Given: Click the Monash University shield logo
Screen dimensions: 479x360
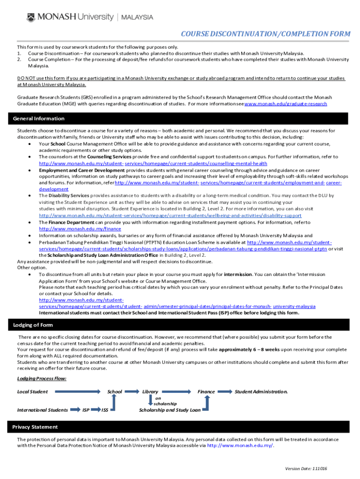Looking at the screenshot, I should [x=30, y=17].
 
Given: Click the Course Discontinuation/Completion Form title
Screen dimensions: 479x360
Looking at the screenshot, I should [x=265, y=34].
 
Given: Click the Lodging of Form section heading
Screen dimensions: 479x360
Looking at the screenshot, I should [x=33, y=325].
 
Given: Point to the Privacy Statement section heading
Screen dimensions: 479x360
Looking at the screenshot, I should [x=35, y=427].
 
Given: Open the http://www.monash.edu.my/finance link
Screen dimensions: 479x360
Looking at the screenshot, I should [x=73, y=229].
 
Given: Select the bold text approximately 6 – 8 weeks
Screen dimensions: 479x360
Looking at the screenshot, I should [x=249, y=349].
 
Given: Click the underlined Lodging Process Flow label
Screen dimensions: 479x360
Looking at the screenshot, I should [x=42, y=378].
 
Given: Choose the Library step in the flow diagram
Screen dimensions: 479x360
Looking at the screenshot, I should [x=150, y=392].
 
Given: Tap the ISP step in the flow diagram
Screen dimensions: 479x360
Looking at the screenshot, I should [x=86, y=410].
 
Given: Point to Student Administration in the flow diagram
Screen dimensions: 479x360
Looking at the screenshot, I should [x=261, y=392].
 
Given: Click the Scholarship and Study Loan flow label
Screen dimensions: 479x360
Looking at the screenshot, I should [x=170, y=410].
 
